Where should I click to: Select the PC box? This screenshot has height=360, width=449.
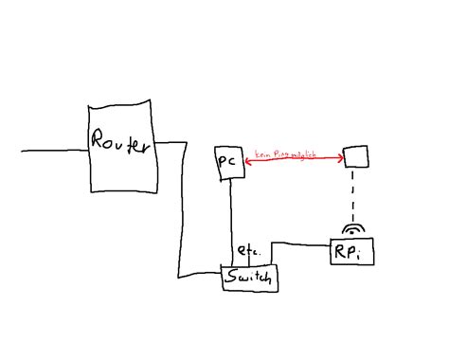pos(228,162)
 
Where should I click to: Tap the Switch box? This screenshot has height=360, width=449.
pos(251,279)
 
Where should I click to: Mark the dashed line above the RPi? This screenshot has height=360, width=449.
pos(354,199)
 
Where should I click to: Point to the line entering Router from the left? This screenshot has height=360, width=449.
pos(52,151)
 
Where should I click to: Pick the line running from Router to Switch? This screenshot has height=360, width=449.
pos(179,218)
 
